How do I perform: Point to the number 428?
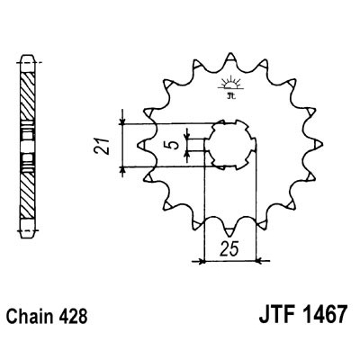point(75,319)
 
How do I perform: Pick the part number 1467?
point(316,319)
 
